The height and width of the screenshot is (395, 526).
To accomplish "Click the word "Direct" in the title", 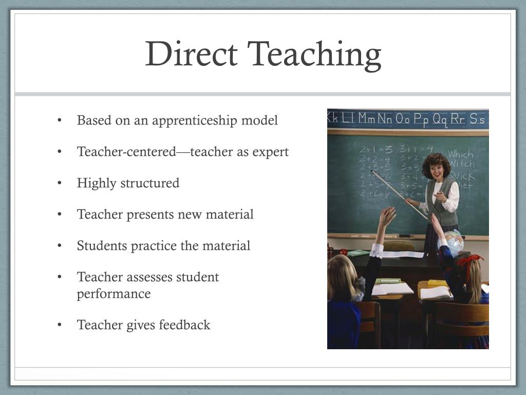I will point(191,55).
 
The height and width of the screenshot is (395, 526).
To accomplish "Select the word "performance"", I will point(114,294).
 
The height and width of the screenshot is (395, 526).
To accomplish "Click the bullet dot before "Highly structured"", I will point(60,183).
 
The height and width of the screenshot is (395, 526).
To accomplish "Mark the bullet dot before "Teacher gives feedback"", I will point(60,325).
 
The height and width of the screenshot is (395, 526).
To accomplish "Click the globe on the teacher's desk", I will point(454,241).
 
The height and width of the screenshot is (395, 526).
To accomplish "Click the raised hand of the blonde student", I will point(388,216).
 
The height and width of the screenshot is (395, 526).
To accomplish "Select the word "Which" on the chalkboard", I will point(460,154).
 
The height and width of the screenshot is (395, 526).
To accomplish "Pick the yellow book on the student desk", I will point(438,282).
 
